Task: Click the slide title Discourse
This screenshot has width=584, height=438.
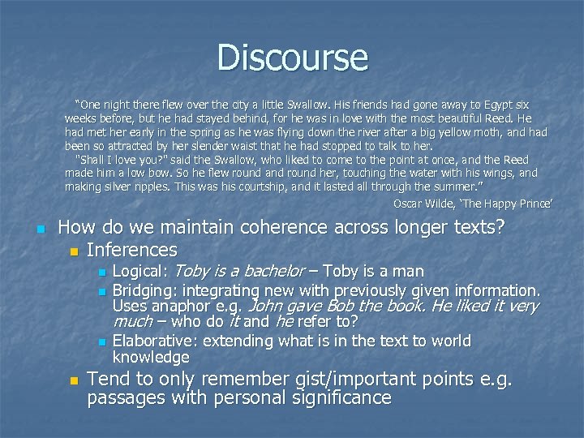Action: (292, 58)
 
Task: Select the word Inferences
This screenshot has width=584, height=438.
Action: (131, 250)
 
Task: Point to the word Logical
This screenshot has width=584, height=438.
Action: (139, 271)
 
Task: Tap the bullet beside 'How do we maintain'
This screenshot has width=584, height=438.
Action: (40, 230)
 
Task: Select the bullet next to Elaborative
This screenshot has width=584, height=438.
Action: (101, 342)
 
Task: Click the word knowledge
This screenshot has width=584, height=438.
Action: (150, 357)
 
